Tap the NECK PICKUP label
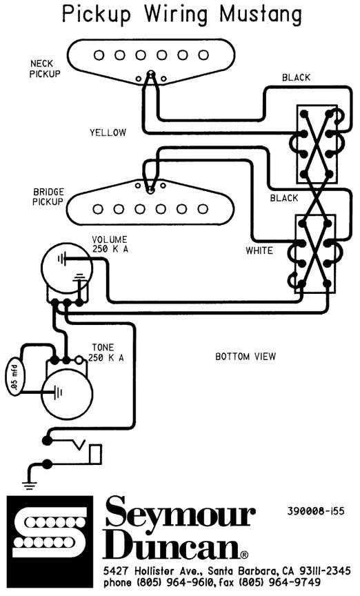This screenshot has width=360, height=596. tap(45, 69)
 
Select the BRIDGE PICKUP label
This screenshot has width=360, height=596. tap(48, 197)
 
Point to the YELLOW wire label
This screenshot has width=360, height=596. tap(108, 132)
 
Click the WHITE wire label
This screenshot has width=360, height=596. tap(259, 250)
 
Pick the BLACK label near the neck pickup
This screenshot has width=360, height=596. tap(296, 77)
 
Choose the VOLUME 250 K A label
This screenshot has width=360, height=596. tap(110, 244)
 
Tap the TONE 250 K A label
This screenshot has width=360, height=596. tap(106, 352)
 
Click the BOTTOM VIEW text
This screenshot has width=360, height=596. tap(246, 357)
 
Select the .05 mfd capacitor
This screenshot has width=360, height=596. tap(15, 376)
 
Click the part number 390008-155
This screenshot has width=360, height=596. tap(316, 510)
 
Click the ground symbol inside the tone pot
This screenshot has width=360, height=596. tap(57, 392)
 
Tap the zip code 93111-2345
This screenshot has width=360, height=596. tap(326, 571)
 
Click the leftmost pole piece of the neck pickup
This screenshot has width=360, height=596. tap(99, 55)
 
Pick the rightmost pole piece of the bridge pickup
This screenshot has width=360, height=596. tap(203, 209)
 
